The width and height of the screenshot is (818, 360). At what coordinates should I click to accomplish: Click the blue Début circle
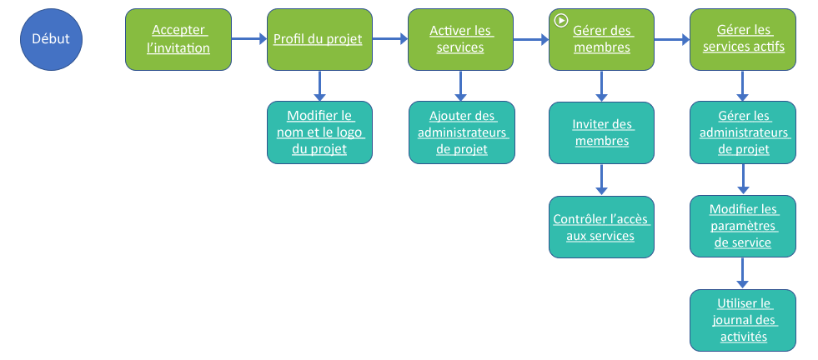pyautogui.click(x=51, y=39)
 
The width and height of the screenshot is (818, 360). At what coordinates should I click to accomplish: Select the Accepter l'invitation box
pyautogui.click(x=178, y=39)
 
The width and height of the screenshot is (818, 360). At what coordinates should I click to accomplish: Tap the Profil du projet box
pyautogui.click(x=319, y=39)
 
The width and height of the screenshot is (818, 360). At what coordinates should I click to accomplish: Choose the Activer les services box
pyautogui.click(x=460, y=39)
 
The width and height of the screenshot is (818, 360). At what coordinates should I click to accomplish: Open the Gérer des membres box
pyautogui.click(x=601, y=39)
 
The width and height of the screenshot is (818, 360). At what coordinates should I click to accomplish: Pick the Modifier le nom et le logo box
pyautogui.click(x=319, y=132)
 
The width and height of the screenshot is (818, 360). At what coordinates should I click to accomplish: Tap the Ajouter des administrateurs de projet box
pyautogui.click(x=460, y=132)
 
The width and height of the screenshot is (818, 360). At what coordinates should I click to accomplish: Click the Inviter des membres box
pyautogui.click(x=601, y=132)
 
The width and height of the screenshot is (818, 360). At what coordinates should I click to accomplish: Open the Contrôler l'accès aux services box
pyautogui.click(x=601, y=227)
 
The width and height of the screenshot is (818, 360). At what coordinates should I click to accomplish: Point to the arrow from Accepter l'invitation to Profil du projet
pyautogui.click(x=248, y=39)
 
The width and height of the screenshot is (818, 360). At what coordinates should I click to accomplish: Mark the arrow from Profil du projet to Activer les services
pyautogui.click(x=389, y=39)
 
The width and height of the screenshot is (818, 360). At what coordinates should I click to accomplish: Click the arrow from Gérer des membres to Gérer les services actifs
pyautogui.click(x=672, y=39)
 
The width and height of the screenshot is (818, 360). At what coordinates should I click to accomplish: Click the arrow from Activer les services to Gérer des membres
pyautogui.click(x=530, y=39)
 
